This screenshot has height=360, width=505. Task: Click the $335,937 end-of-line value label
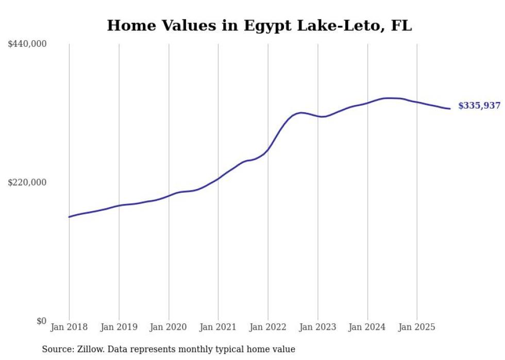(x=479, y=106)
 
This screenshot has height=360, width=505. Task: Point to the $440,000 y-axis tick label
(x=27, y=44)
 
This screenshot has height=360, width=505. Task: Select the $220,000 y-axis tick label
(x=27, y=182)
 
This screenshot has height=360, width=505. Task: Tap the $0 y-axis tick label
(x=41, y=321)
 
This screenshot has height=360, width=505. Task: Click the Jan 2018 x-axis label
(x=69, y=327)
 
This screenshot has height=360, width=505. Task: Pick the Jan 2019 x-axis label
(x=119, y=327)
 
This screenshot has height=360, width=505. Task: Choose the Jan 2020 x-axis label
(x=169, y=327)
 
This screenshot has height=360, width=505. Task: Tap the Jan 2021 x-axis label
(x=218, y=327)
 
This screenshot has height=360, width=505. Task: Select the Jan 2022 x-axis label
(x=268, y=327)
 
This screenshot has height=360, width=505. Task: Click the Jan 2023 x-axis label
(x=317, y=327)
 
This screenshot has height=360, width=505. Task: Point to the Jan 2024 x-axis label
(x=367, y=327)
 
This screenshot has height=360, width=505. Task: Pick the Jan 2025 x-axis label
(x=417, y=327)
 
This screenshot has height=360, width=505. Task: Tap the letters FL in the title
(x=401, y=25)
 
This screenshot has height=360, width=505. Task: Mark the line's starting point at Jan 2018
(x=69, y=217)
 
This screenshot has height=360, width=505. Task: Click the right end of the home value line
(x=450, y=109)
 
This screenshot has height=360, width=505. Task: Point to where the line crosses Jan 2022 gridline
(x=268, y=149)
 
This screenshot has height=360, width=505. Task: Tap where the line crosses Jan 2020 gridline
(x=169, y=196)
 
